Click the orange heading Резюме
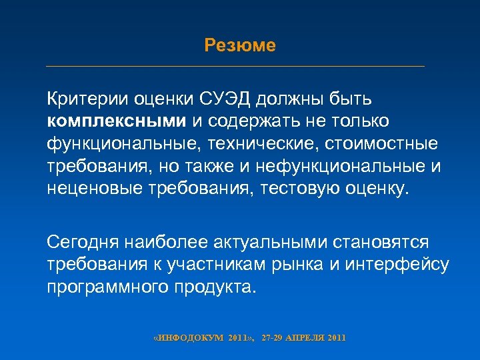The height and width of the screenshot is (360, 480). coord(240,45)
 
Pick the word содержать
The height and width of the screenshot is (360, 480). coord(254,121)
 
